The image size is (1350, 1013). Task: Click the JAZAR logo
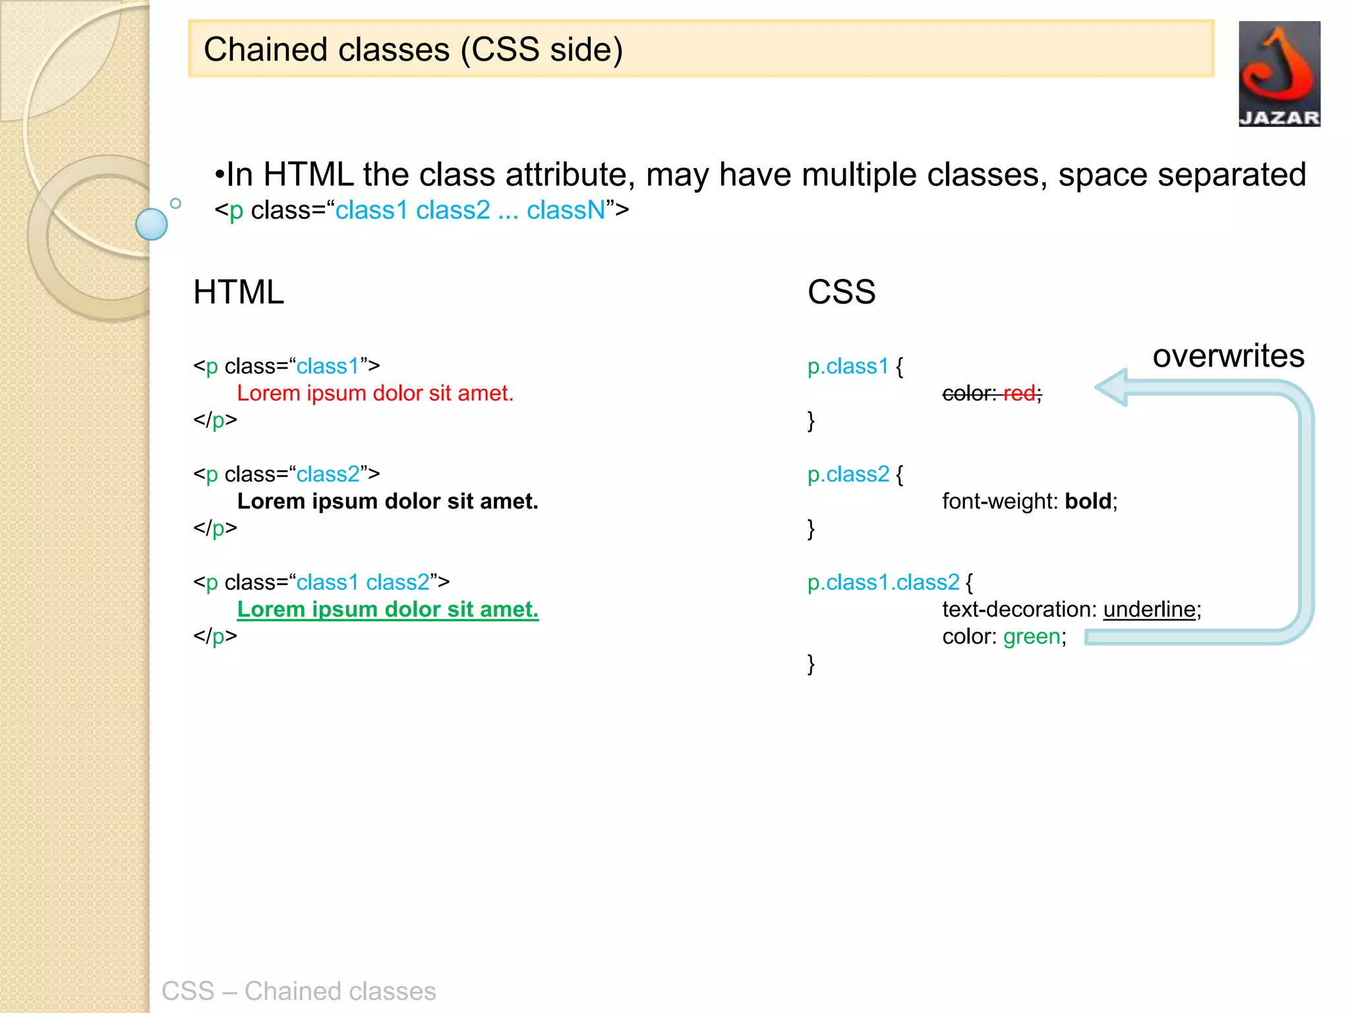click(1279, 74)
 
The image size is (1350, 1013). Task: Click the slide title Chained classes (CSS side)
click(413, 50)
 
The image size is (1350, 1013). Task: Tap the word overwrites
click(1228, 356)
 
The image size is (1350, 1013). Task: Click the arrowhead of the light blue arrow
click(1113, 388)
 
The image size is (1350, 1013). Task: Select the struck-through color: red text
click(991, 394)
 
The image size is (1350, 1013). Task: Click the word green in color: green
click(1032, 636)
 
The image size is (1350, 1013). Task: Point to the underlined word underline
click(1149, 609)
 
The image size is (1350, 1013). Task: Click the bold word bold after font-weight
click(1088, 501)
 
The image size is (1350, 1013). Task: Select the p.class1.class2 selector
click(883, 582)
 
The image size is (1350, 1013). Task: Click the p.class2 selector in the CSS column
click(848, 474)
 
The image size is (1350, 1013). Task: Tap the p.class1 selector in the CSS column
click(848, 366)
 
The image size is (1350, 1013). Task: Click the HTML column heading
click(239, 292)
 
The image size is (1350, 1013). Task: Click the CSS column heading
click(841, 292)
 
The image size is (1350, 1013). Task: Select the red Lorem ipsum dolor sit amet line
click(374, 394)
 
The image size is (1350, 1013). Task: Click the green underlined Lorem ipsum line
click(388, 609)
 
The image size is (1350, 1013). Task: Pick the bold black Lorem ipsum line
click(388, 501)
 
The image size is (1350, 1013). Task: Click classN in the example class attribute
click(566, 210)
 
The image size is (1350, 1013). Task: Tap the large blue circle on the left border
click(152, 224)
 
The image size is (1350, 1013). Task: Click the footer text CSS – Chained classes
click(299, 991)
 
